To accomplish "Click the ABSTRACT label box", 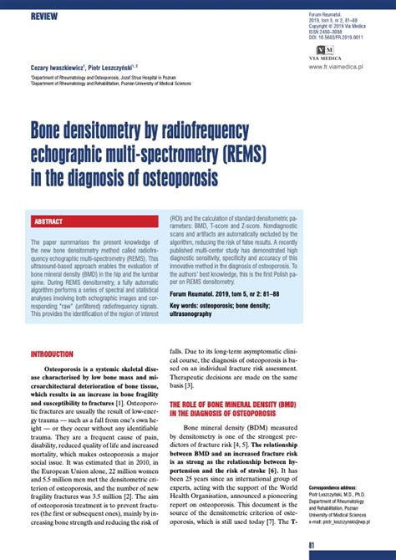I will point(51,221).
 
